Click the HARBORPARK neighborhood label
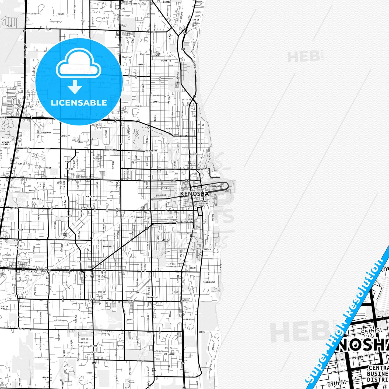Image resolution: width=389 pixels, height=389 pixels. [218, 186]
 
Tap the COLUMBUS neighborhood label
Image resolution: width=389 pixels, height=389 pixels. [161, 195]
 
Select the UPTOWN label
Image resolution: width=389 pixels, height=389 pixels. [140, 218]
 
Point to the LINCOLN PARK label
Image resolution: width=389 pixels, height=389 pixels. [166, 241]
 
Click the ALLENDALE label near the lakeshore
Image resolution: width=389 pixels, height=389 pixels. [206, 250]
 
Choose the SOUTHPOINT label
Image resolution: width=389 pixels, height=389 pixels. [209, 282]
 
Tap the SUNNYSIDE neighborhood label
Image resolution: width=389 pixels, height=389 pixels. [152, 297]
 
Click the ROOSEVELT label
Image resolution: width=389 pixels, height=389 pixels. [108, 246]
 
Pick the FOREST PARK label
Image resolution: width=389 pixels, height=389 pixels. [65, 235]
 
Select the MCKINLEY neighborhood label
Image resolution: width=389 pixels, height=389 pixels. [90, 197]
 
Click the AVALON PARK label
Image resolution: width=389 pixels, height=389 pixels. [6, 143]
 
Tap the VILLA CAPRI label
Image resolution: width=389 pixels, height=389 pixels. [157, 54]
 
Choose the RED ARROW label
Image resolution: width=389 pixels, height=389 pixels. [169, 354]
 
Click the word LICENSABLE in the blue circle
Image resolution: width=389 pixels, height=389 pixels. [79, 103]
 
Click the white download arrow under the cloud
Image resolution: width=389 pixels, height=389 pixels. [75, 87]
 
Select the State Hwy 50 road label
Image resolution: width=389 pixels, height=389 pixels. [44, 270]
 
